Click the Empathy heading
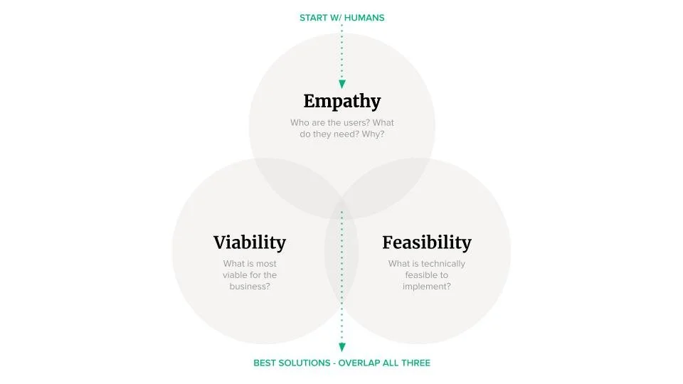[341, 101]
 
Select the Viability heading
[250, 242]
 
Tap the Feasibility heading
[426, 242]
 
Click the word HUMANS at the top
[364, 18]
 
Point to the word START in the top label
[314, 18]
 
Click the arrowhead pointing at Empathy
[341, 84]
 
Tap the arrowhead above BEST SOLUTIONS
[341, 348]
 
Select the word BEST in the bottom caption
[265, 363]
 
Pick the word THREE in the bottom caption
[416, 363]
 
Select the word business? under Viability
[250, 287]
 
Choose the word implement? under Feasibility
[427, 287]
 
